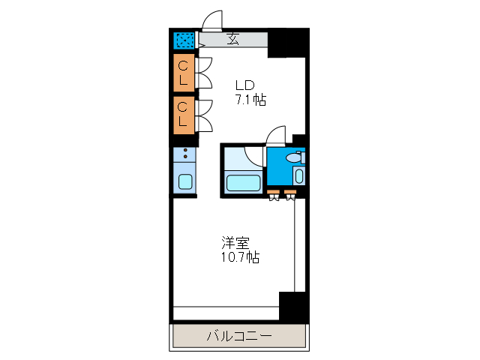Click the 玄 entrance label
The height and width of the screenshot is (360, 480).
click(233, 40)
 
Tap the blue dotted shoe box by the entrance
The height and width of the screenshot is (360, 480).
click(184, 40)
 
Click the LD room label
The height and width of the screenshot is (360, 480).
click(245, 85)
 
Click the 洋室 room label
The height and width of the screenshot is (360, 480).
click(235, 243)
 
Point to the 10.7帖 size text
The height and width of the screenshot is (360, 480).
click(240, 257)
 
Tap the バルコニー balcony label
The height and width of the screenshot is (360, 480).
click(239, 336)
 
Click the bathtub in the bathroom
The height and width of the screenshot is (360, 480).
click(242, 182)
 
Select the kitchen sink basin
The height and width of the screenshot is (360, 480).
click(184, 181)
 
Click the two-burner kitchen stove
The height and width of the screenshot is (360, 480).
click(184, 157)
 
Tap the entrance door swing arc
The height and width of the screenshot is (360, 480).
click(213, 20)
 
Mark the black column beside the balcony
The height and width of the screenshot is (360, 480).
click(293, 307)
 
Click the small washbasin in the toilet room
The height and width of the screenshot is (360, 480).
click(298, 176)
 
